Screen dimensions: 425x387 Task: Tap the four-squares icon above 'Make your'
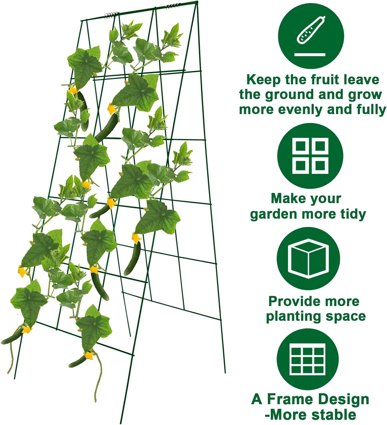click(x=310, y=156)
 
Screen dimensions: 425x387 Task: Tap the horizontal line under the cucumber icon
click(x=310, y=54)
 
